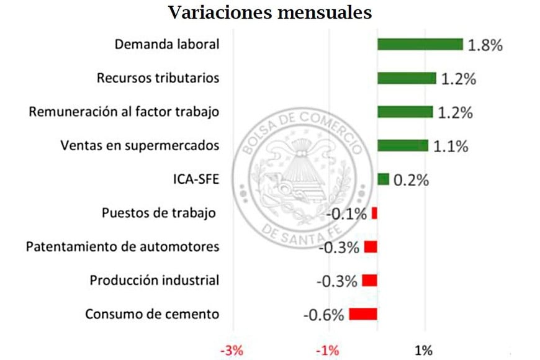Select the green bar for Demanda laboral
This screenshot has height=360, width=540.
pyautogui.click(x=420, y=44)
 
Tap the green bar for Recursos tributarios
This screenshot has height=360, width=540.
pyautogui.click(x=407, y=78)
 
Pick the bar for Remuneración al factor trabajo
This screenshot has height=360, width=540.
pyautogui.click(x=405, y=112)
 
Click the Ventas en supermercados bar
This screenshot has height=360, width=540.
pyautogui.click(x=403, y=145)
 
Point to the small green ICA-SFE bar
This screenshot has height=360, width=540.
pyautogui.click(x=383, y=179)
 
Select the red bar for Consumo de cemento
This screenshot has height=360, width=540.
pyautogui.click(x=363, y=313)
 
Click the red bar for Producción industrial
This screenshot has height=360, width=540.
pyautogui.click(x=370, y=281)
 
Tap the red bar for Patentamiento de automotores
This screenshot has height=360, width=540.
pyautogui.click(x=371, y=247)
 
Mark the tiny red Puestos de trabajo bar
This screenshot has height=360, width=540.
pyautogui.click(x=374, y=214)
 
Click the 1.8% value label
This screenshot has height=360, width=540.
pyautogui.click(x=485, y=45)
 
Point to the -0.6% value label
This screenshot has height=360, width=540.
pyautogui.click(x=323, y=315)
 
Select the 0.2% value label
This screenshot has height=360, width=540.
pyautogui.click(x=412, y=180)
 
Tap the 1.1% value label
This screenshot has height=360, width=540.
pyautogui.click(x=451, y=146)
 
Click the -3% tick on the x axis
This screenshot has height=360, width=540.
pyautogui.click(x=233, y=351)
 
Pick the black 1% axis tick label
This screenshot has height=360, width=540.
pyautogui.click(x=423, y=351)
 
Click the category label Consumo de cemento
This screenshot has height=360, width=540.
pyautogui.click(x=152, y=314)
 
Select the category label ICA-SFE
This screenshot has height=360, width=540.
pyautogui.click(x=196, y=180)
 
